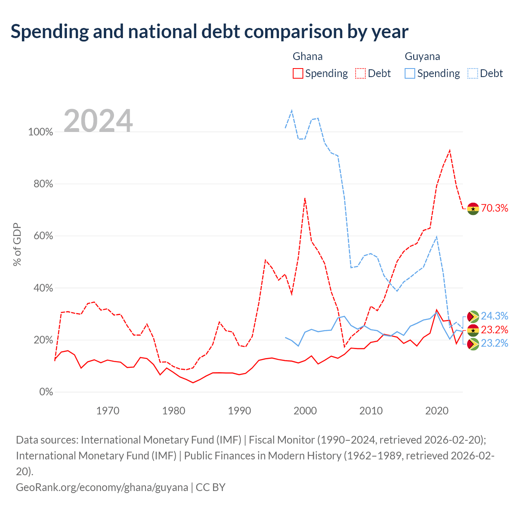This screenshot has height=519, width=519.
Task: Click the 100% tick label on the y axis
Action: pyautogui.click(x=41, y=132)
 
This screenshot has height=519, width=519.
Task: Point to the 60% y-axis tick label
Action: pyautogui.click(x=43, y=236)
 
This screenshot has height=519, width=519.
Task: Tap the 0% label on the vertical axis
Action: pyautogui.click(x=46, y=392)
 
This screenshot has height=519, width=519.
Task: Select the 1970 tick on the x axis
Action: pyautogui.click(x=108, y=411)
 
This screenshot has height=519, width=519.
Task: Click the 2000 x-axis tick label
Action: pyautogui.click(x=305, y=411)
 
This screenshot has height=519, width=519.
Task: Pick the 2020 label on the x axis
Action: pyautogui.click(x=437, y=411)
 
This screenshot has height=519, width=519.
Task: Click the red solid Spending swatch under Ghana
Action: pyautogui.click(x=298, y=73)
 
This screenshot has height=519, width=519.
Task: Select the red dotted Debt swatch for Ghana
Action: pyautogui.click(x=360, y=73)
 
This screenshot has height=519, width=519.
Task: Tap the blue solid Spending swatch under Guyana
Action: pyautogui.click(x=410, y=73)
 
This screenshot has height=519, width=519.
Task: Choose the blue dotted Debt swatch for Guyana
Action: pyautogui.click(x=473, y=73)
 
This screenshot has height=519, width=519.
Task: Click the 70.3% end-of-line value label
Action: pyautogui.click(x=495, y=208)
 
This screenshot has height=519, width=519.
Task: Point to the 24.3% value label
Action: pyautogui.click(x=495, y=316)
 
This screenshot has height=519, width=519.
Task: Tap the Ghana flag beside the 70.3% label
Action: pyautogui.click(x=473, y=209)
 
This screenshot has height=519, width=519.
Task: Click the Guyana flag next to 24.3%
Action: pyautogui.click(x=473, y=316)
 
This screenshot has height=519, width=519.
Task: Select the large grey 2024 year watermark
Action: pyautogui.click(x=98, y=120)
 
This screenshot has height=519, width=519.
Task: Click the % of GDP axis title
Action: pyautogui.click(x=17, y=244)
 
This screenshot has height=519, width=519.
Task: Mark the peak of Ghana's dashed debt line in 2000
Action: pyautogui.click(x=305, y=198)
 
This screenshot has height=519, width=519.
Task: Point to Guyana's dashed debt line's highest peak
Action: pyautogui.click(x=292, y=110)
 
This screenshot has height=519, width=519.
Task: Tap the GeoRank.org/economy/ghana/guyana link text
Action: pyautogui.click(x=102, y=487)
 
